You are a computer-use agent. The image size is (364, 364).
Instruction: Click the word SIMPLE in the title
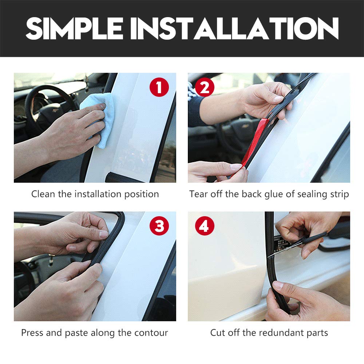coord(74,28)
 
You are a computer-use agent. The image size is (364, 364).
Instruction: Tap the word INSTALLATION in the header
coord(234,28)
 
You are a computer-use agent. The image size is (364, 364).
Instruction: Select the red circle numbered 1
coord(159,87)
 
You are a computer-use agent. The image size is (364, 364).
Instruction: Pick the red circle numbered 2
coord(205,87)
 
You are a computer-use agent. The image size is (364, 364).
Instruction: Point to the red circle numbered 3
coord(159,226)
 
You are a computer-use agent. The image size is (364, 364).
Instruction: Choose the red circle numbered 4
coord(205,226)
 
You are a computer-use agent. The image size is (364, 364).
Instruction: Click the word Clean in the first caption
coord(43,194)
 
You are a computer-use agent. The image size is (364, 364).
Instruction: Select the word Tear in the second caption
coord(198,194)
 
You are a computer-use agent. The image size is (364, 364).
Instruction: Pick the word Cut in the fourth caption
coord(218,333)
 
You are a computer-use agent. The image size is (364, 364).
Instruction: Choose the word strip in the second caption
coord(340,194)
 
